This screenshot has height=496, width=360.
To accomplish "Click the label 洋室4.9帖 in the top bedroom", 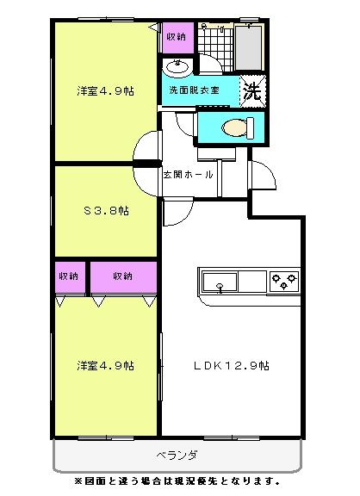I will pyautogui.click(x=104, y=90).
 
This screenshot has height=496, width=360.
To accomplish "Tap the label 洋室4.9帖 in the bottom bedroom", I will pyautogui.click(x=104, y=365).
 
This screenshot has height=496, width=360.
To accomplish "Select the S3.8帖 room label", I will pyautogui.click(x=105, y=210).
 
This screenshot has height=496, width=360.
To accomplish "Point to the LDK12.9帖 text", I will pyautogui.click(x=231, y=365).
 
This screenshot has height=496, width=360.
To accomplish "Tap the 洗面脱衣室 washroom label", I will pyautogui.click(x=194, y=90).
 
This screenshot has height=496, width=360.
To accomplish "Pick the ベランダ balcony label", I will pyautogui.click(x=178, y=454).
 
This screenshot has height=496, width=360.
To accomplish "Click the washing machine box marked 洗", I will pyautogui.click(x=253, y=90).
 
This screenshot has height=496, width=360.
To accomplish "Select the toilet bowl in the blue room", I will pyautogui.click(x=233, y=128).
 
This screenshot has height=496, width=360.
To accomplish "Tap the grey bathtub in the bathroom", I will pyautogui.click(x=251, y=47).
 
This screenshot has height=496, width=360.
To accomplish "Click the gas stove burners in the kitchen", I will pyautogui.click(x=283, y=280).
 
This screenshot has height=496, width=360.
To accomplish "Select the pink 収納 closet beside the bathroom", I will pyautogui.click(x=176, y=37).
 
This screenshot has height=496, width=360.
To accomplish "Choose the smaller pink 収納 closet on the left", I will pyautogui.click(x=69, y=276).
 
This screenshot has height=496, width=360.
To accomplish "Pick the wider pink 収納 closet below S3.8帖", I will pyautogui.click(x=123, y=276).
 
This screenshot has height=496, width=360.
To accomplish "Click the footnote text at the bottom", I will pyautogui.click(x=177, y=480).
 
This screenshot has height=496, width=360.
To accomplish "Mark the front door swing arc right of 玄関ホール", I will pyautogui.click(x=263, y=176).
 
